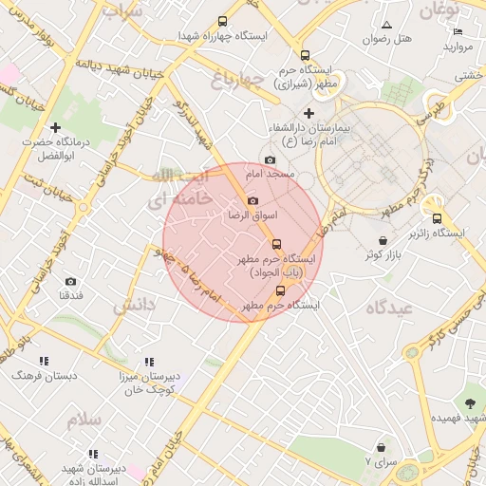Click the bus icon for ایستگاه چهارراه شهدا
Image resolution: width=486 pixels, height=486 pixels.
coord(222,21)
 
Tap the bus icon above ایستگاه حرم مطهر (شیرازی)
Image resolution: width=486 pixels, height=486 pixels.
coord(305,55)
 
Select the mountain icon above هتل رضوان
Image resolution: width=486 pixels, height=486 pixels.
coord(386,25)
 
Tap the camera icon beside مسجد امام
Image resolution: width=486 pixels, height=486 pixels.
coord(271,159)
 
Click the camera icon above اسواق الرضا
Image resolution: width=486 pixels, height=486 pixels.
coord(252,200)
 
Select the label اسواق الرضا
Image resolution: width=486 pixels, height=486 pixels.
coord(252,215)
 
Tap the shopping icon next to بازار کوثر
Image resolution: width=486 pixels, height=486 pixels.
coord(382,241)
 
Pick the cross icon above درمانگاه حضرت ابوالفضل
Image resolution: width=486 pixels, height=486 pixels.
coord(56,127)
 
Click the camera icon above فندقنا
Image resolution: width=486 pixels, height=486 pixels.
coord(70,281)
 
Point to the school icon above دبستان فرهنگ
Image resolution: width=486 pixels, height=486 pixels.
coord(44,361)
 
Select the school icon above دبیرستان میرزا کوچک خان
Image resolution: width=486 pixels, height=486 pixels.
coord(149,362)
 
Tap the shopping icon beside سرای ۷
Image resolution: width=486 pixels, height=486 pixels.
coord(381,446)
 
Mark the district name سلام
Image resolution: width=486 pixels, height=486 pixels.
coord(84,419)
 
